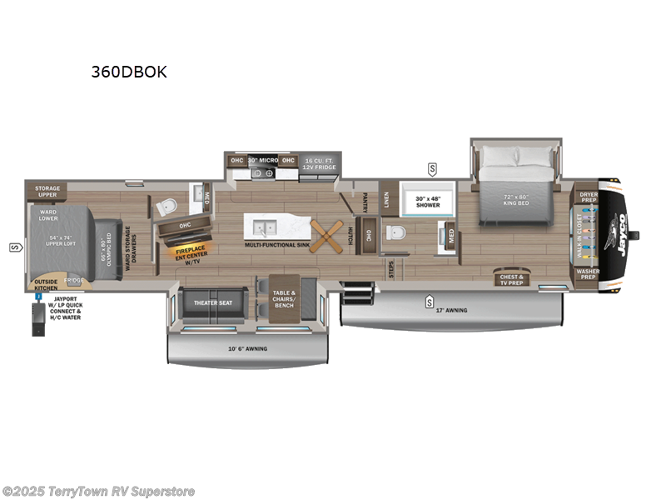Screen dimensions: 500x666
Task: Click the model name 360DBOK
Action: point(129,72)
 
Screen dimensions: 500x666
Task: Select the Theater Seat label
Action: point(213,302)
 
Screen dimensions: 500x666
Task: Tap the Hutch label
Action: point(351,236)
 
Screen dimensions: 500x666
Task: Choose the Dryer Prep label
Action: point(589,197)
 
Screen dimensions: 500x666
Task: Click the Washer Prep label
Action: point(588,273)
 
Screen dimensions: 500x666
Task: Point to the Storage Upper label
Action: point(47,192)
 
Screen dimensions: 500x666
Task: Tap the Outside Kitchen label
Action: point(46,285)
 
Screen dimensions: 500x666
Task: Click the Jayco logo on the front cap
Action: point(622,225)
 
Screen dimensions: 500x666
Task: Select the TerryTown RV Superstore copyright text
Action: point(99,491)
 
